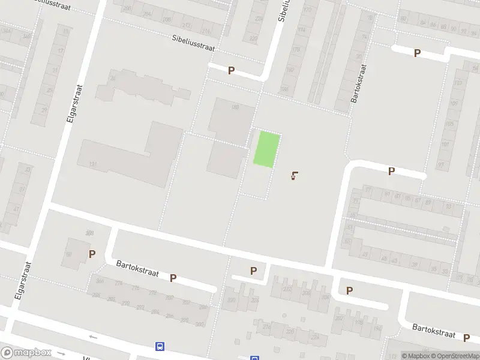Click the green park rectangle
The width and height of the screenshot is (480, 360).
tap(266, 149)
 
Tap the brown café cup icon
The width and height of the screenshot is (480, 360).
tap(294, 176)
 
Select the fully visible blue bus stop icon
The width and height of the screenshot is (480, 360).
tap(160, 346)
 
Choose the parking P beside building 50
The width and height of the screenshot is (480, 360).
tap(92, 254)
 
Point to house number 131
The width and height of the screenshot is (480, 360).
tap(92, 164)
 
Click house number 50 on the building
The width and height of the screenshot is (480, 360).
tap(69, 255)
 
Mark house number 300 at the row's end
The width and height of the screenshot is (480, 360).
tap(200, 325)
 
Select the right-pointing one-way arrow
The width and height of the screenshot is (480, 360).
tap(60, 354)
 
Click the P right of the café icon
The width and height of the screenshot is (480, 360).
tap(391, 171)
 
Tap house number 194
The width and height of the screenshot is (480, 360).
tap(377, 328)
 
